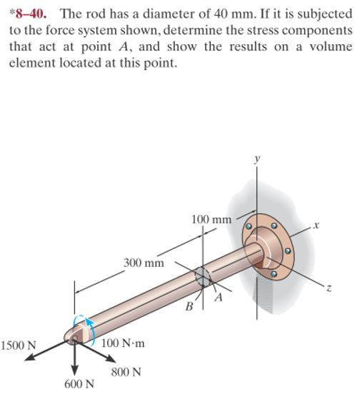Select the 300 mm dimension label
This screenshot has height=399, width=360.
pyautogui.click(x=144, y=262)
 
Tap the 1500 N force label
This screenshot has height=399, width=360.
pyautogui.click(x=19, y=346)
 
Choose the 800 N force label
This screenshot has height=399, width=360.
pyautogui.click(x=126, y=372)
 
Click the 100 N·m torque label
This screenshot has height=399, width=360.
pyautogui.click(x=123, y=343)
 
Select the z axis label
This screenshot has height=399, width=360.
pyautogui.click(x=329, y=288)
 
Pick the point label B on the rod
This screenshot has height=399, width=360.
pyautogui.click(x=189, y=307)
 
